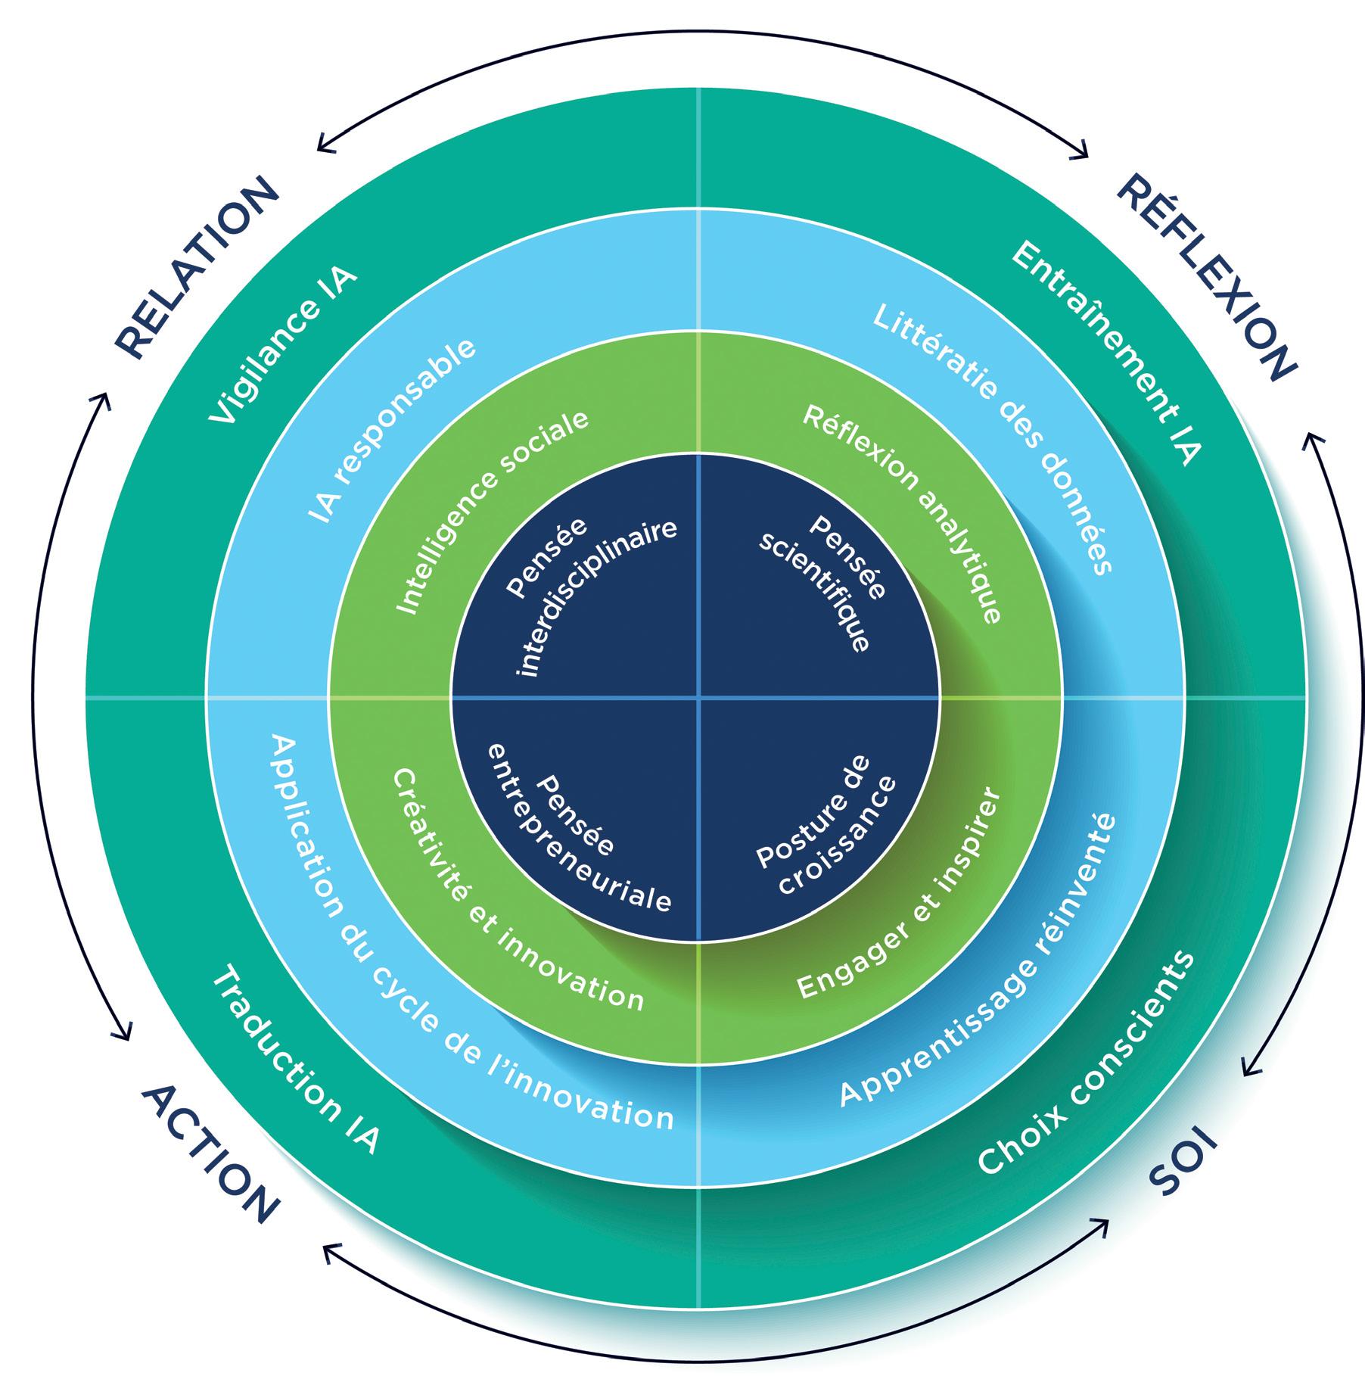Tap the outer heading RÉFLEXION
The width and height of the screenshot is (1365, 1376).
pos(1206,276)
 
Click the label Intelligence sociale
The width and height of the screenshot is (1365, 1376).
pos(492,512)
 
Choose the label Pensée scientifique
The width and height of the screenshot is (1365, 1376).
pos(826,583)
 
